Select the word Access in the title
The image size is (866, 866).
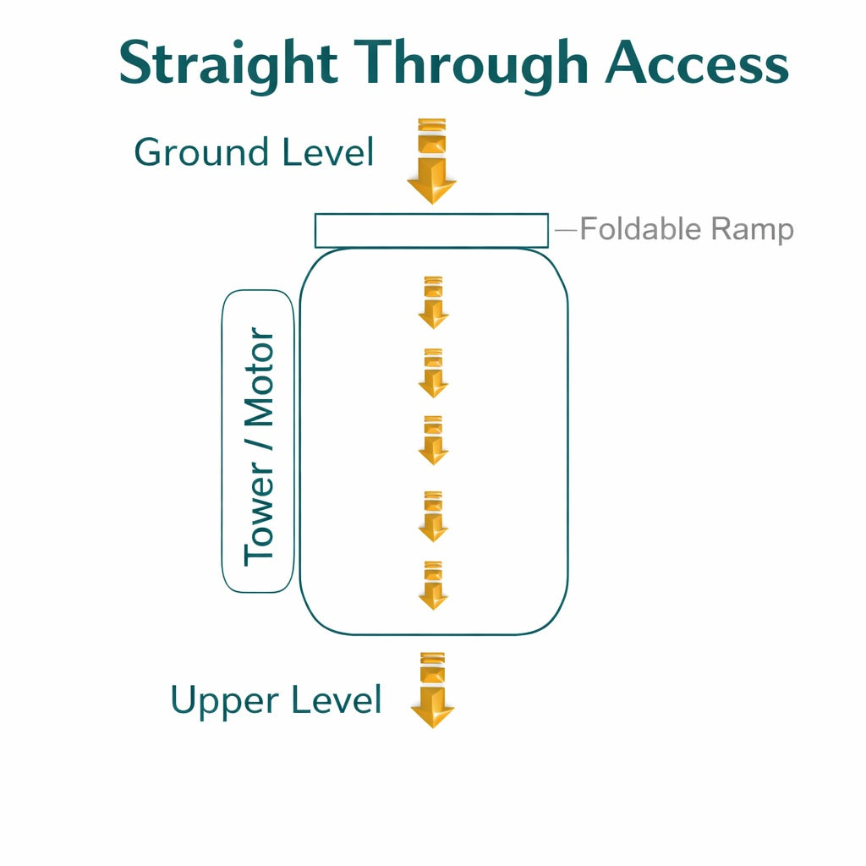tap(697, 64)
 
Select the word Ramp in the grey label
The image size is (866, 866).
tap(752, 230)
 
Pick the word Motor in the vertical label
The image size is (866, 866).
tap(260, 377)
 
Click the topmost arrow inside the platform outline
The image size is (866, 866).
tap(433, 303)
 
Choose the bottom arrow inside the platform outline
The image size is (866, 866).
tap(433, 585)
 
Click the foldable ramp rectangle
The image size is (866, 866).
tap(431, 231)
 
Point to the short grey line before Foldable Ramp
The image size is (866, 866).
tap(566, 229)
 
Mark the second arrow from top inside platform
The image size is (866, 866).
tap(433, 373)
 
